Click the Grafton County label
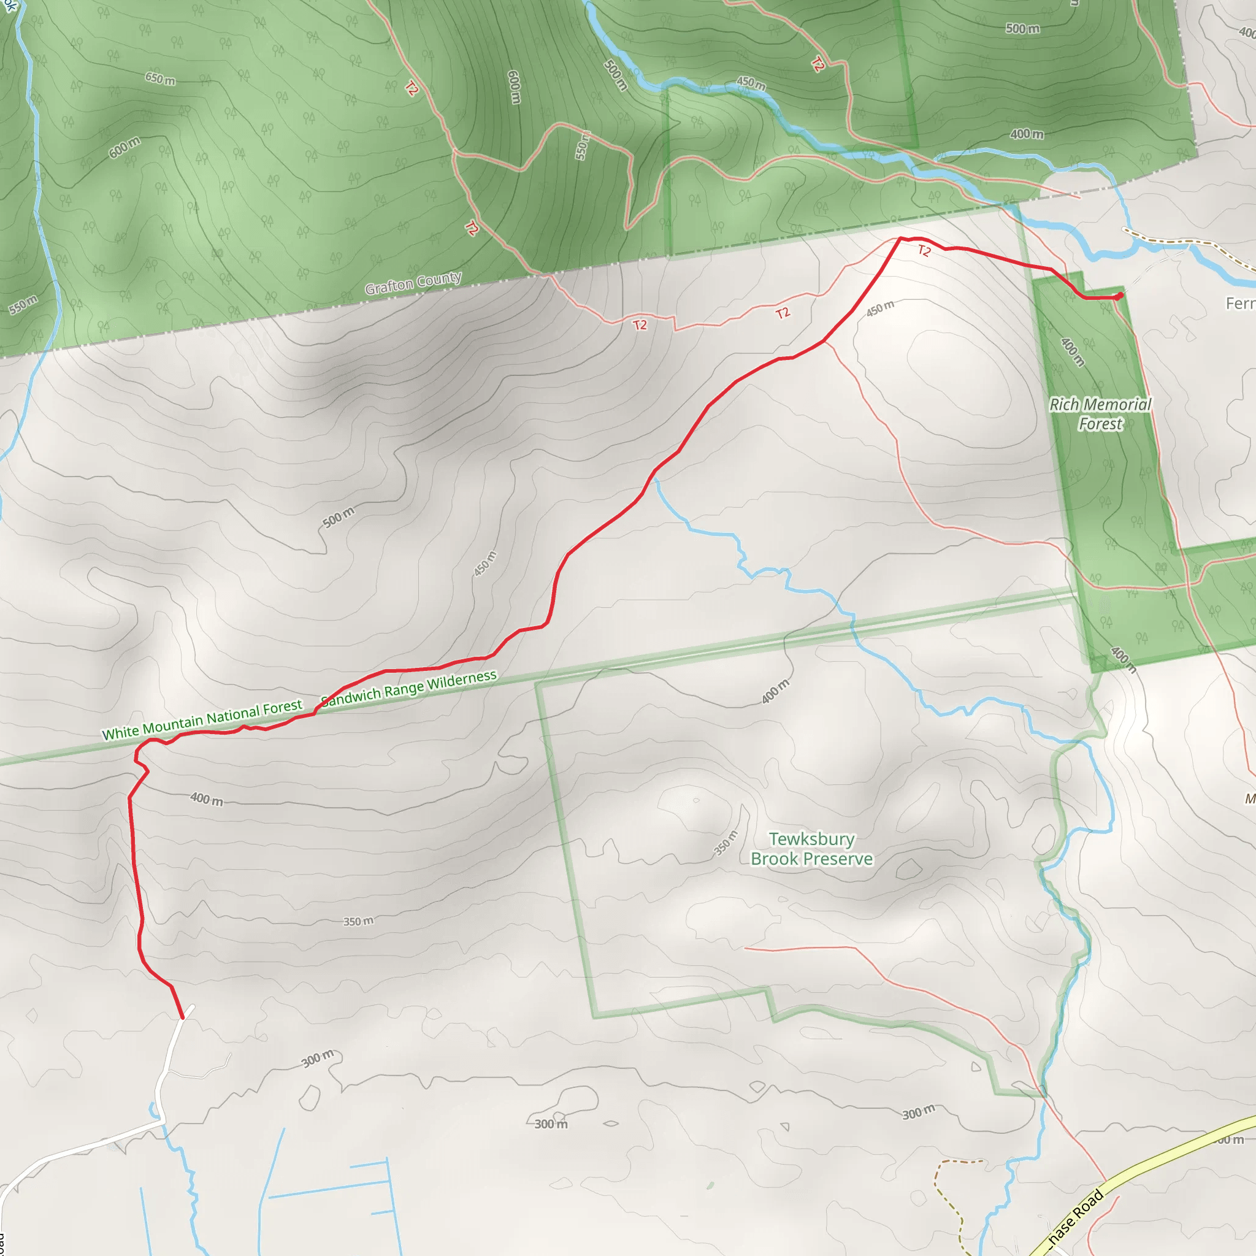click(413, 283)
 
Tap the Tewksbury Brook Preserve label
click(811, 849)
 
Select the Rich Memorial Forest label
click(1100, 414)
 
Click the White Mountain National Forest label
click(202, 719)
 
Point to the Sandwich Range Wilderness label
click(409, 689)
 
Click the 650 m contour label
click(160, 79)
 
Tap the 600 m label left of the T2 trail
click(124, 148)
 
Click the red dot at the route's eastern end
click(1119, 296)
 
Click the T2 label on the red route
click(924, 251)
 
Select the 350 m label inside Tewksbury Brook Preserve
click(726, 843)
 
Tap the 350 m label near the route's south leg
click(358, 921)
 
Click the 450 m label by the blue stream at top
click(751, 83)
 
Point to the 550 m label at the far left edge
click(23, 304)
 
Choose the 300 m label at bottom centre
click(551, 1124)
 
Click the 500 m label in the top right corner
click(1022, 29)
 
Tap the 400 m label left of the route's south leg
click(207, 799)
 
